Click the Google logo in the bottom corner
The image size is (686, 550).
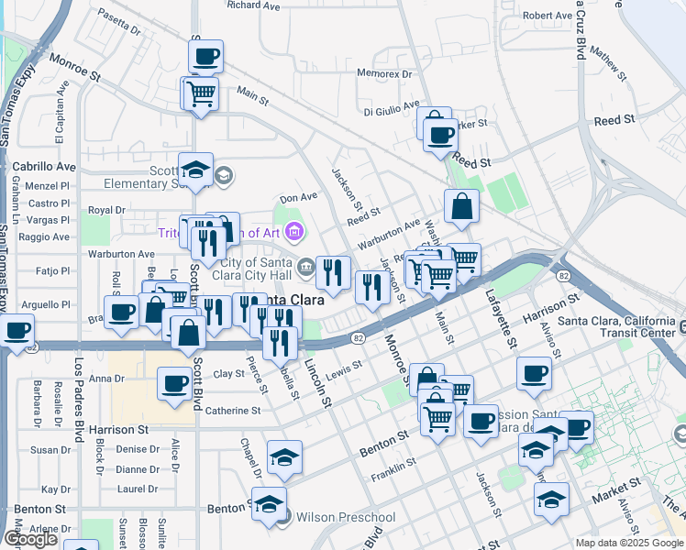point(30,539)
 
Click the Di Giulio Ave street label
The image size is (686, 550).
point(392,111)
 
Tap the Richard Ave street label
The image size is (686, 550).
point(253,5)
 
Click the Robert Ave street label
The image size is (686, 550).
point(549,16)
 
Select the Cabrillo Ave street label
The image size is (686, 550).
point(43,167)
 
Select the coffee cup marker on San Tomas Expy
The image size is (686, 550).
point(16,330)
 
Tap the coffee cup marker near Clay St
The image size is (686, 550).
point(174,384)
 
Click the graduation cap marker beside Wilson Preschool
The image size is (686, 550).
point(269,503)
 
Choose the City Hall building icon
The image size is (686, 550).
point(305,268)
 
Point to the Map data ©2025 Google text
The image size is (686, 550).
point(628,542)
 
